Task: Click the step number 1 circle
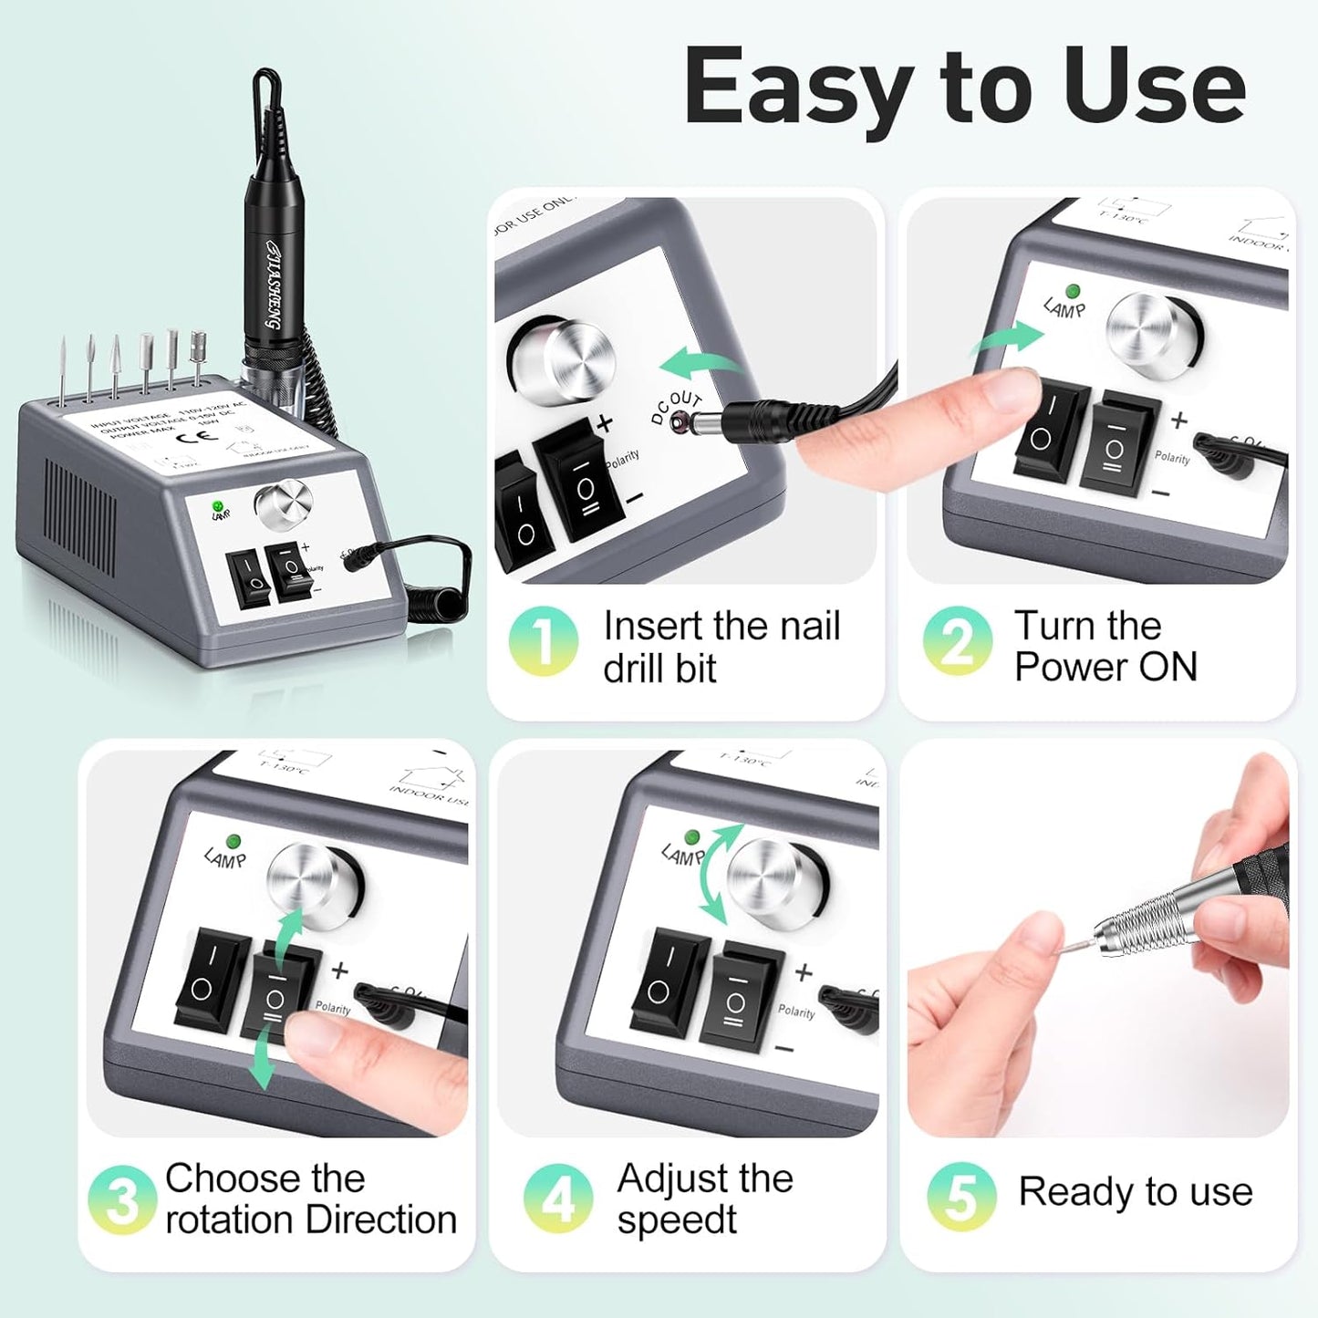(543, 641)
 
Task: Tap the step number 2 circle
(957, 641)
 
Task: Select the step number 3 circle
(121, 1199)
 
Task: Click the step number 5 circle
(961, 1195)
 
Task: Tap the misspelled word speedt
(676, 1219)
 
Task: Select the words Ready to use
(1135, 1192)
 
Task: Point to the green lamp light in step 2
(1073, 291)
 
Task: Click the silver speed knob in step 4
(777, 883)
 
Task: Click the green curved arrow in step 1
(700, 364)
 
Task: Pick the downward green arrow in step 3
(263, 1053)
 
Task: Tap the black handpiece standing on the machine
(271, 265)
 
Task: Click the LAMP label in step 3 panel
(224, 857)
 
